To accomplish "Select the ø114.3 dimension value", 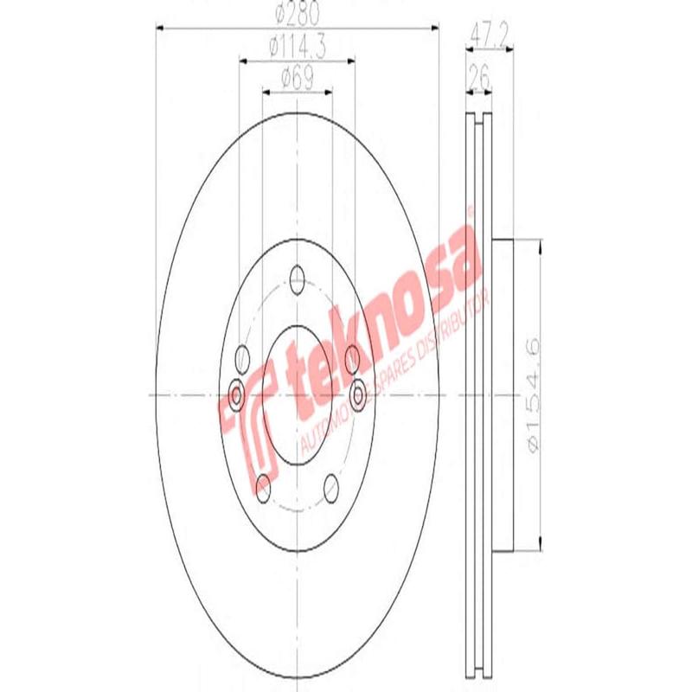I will [297, 49].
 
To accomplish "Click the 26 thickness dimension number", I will [477, 80].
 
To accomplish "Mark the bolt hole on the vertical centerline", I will [297, 279].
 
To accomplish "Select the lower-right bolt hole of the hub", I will [332, 490].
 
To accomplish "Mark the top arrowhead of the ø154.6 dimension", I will [540, 246].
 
